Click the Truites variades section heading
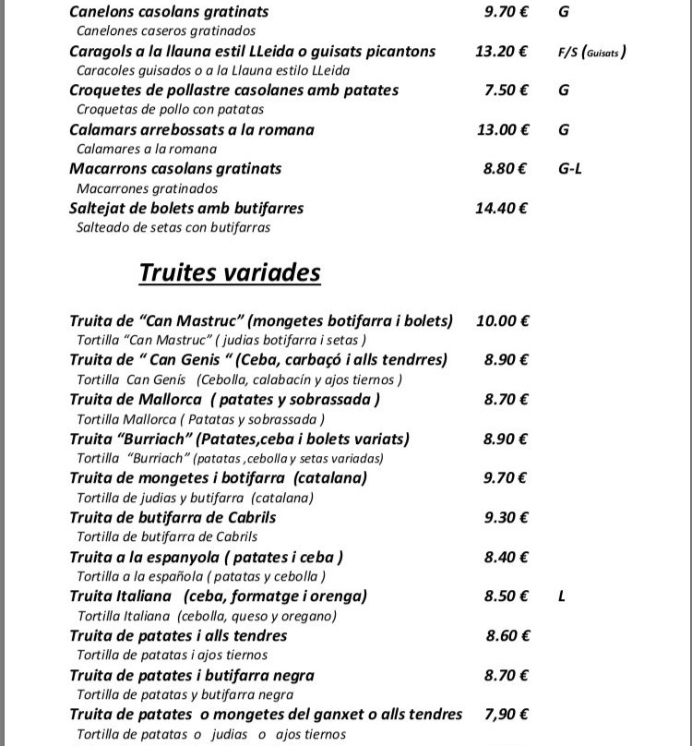(230, 273)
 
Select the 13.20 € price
(501, 52)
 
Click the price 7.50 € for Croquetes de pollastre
(506, 90)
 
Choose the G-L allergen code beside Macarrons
(570, 169)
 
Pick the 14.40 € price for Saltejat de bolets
(501, 209)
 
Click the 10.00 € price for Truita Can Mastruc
(502, 321)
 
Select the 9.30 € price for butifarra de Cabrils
(506, 518)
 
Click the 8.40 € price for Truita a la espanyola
(506, 557)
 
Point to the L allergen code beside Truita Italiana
(562, 596)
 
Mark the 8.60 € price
(507, 635)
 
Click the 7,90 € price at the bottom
(506, 714)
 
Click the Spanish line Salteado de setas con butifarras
(173, 227)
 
